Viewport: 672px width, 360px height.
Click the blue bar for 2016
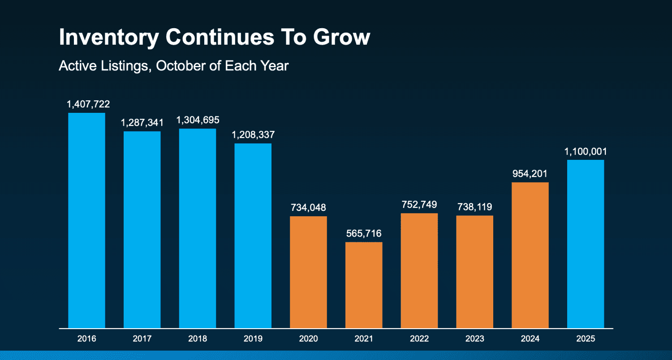(86, 220)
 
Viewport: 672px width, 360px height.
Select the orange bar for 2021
(364, 285)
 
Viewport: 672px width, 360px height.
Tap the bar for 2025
(586, 244)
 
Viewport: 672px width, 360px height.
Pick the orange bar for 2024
(530, 255)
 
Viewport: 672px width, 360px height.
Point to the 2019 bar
(253, 236)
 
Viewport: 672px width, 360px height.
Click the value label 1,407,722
(88, 104)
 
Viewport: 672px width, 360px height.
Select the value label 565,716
(364, 234)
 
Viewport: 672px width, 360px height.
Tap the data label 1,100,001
(586, 152)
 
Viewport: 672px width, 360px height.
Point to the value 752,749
(419, 205)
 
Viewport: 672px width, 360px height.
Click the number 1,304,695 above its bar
(198, 120)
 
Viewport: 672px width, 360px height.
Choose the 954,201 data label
(530, 174)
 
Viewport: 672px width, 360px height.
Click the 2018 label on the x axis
(198, 339)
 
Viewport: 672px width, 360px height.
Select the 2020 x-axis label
(308, 339)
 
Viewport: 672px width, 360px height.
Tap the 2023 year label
(474, 339)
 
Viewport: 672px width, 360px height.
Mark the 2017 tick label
(142, 339)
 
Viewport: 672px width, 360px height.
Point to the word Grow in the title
(342, 37)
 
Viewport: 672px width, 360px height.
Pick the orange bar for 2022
(419, 270)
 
